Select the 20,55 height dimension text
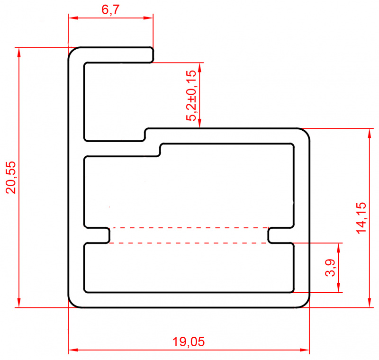pyautogui.click(x=11, y=177)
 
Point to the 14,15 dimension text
pyautogui.click(x=361, y=217)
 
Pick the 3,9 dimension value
pyautogui.click(x=331, y=268)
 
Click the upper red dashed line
pyautogui.click(x=189, y=227)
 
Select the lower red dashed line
pyautogui.click(x=189, y=243)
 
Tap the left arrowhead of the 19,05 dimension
pyautogui.click(x=72, y=351)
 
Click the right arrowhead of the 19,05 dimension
pyautogui.click(x=306, y=351)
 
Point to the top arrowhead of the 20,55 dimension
pyautogui.click(x=19, y=51)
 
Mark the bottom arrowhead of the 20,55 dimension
pyautogui.click(x=19, y=303)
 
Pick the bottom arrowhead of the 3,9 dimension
pyautogui.click(x=339, y=288)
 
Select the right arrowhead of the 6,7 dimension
pyautogui.click(x=150, y=18)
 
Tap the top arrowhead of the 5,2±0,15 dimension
pyautogui.click(x=200, y=66)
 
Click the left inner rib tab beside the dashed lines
pyautogui.click(x=105, y=235)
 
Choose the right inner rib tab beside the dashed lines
pyautogui.click(x=272, y=235)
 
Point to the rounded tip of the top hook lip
pyautogui.click(x=152, y=54)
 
